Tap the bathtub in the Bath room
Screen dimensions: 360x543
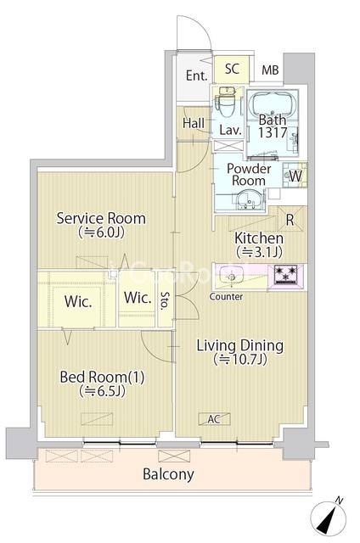273,103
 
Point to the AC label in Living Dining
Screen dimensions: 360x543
214,419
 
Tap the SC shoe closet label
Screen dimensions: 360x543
232,69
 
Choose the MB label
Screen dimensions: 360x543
270,70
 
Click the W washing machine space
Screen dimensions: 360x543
295,176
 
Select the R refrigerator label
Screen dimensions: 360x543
290,220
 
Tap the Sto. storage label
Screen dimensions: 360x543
165,299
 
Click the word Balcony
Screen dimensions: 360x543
168,474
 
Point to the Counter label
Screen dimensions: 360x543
226,296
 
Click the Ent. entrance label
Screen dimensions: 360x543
196,76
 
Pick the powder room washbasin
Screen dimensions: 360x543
247,200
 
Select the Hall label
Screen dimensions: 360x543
194,123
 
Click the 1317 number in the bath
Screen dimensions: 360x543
273,132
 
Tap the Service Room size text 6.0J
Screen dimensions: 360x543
101,232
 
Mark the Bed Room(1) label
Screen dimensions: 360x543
102,377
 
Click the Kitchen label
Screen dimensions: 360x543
259,238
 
